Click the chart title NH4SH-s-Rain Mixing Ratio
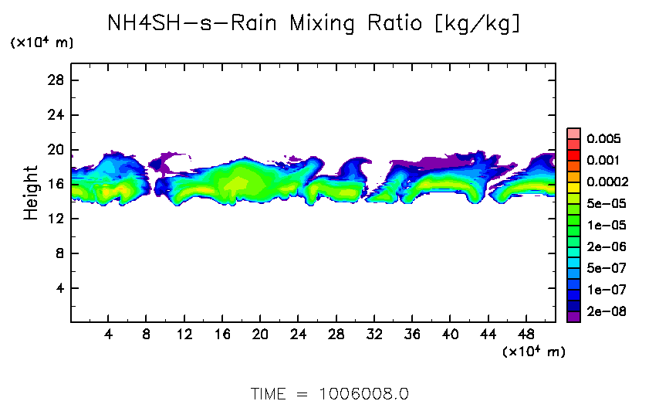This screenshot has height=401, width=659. pos(313,24)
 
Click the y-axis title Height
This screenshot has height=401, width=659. pos(31,192)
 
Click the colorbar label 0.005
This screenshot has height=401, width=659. pos(603,139)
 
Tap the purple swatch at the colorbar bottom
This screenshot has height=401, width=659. pos(573,316)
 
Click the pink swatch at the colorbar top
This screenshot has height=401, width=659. pos(573,133)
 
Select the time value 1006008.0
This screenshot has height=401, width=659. pos(363,393)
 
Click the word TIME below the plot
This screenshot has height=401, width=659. pos(269,393)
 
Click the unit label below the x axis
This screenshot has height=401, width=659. pos(534,352)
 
